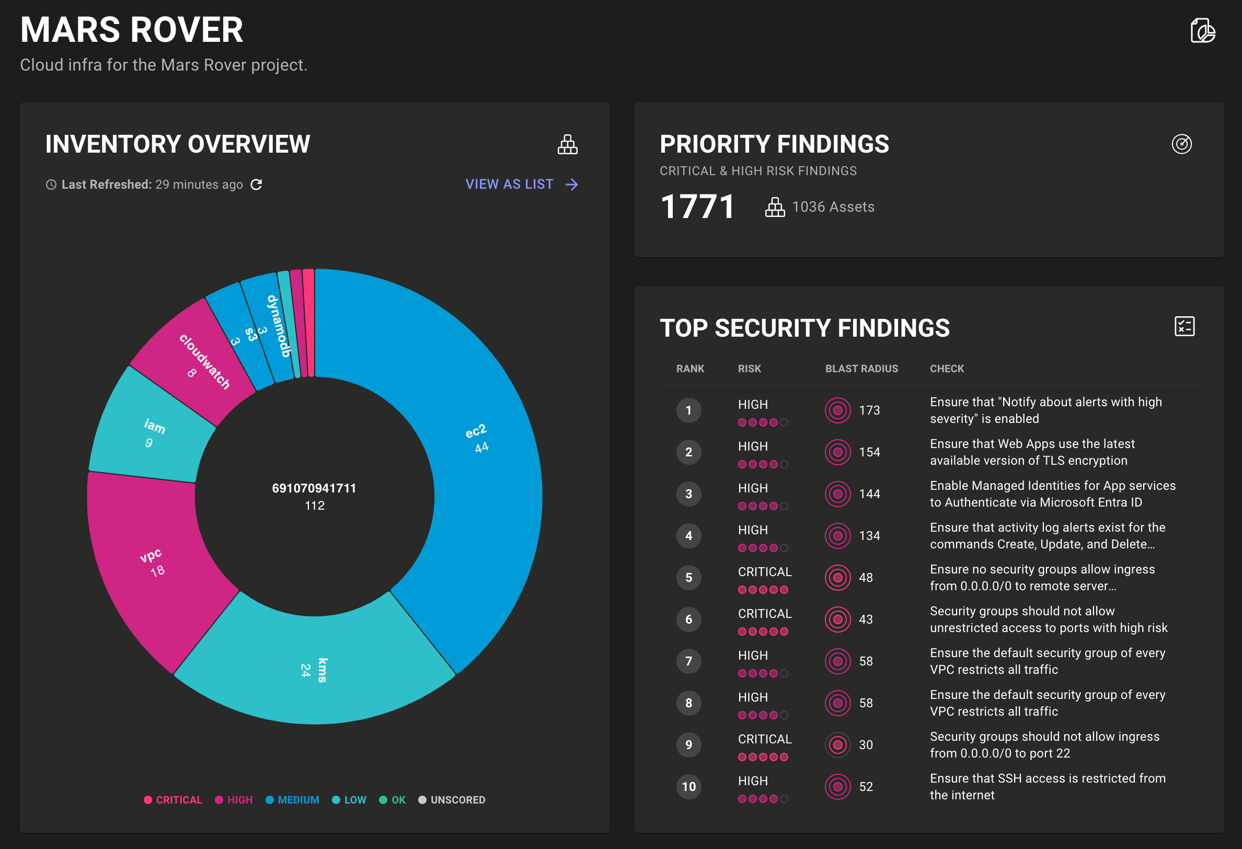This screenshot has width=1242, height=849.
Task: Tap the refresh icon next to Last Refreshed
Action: point(257,185)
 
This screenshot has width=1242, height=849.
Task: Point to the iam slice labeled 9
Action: point(152,433)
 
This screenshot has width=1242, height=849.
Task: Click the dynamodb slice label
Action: point(279,326)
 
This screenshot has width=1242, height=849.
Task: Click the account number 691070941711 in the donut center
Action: point(314,488)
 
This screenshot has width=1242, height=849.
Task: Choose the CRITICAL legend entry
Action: point(173,800)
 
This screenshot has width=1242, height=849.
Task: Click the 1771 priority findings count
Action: point(697,207)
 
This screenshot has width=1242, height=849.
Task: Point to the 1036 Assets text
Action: point(833,207)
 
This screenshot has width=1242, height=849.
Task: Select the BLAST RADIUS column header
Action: point(861,369)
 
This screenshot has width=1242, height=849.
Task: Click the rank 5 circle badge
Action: point(688,577)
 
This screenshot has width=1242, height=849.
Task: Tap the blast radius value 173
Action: point(869,410)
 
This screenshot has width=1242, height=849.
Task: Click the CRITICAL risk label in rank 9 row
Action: point(764,739)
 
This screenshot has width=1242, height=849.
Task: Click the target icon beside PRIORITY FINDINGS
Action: point(1181,144)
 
